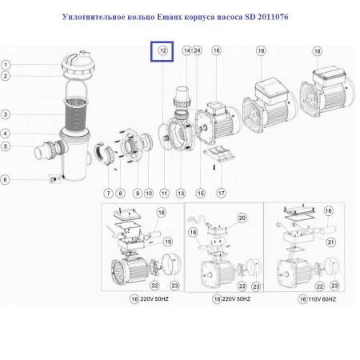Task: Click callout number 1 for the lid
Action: tap(6, 65)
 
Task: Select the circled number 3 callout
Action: tap(6, 114)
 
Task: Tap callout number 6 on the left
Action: tap(6, 179)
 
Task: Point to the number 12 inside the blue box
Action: tap(162, 50)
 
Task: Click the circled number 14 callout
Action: tap(186, 50)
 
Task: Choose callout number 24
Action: tap(197, 50)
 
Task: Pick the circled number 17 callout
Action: tap(221, 192)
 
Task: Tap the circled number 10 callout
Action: tap(150, 193)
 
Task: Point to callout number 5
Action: tap(6, 146)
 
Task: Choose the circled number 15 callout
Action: tap(200, 193)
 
